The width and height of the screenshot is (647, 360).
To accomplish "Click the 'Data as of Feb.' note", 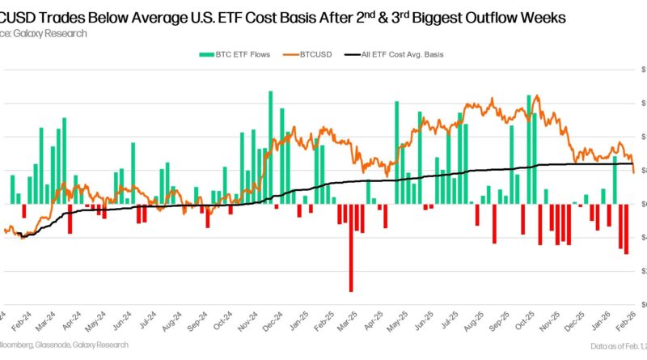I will pos(617,345).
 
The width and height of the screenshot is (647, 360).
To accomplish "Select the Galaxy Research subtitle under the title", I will pos(37,33).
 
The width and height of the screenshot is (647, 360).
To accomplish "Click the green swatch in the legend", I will pos(205,54).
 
